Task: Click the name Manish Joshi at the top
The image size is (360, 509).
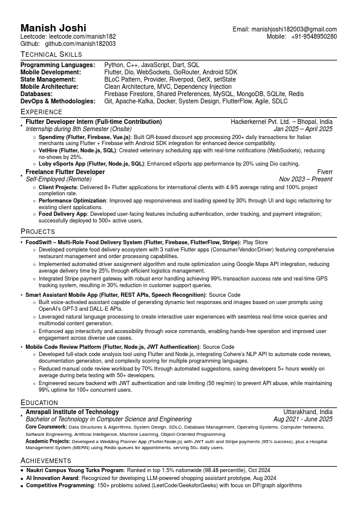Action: click(53, 28)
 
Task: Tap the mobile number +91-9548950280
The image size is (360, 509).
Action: click(313, 36)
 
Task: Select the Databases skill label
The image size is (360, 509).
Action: click(36, 94)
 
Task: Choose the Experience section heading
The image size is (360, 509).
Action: click(41, 112)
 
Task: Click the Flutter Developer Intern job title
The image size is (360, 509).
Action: click(94, 122)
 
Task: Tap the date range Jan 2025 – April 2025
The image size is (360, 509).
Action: click(303, 129)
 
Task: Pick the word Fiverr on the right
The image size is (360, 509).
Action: click(324, 172)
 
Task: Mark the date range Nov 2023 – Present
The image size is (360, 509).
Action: click(306, 179)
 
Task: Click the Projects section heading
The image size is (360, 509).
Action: click(38, 232)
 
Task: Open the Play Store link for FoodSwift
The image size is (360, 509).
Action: click(255, 242)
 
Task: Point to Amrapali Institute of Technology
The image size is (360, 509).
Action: click(72, 412)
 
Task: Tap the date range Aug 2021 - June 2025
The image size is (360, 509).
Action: click(303, 419)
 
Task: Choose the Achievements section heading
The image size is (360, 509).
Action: click(46, 461)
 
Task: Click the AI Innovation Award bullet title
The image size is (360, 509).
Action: click(53, 478)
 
